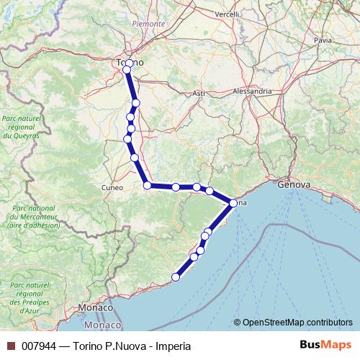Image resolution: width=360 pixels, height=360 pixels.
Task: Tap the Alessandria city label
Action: pyautogui.click(x=252, y=91)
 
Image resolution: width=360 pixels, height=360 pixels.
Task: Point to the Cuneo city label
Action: pyautogui.click(x=112, y=187)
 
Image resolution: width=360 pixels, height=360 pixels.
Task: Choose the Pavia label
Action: pyautogui.click(x=323, y=41)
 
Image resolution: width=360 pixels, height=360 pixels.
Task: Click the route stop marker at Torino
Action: pyautogui.click(x=127, y=69)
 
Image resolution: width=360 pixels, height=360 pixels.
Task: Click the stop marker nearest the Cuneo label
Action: pyautogui.click(x=148, y=186)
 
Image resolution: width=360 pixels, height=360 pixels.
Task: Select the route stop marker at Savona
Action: pyautogui.click(x=233, y=203)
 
